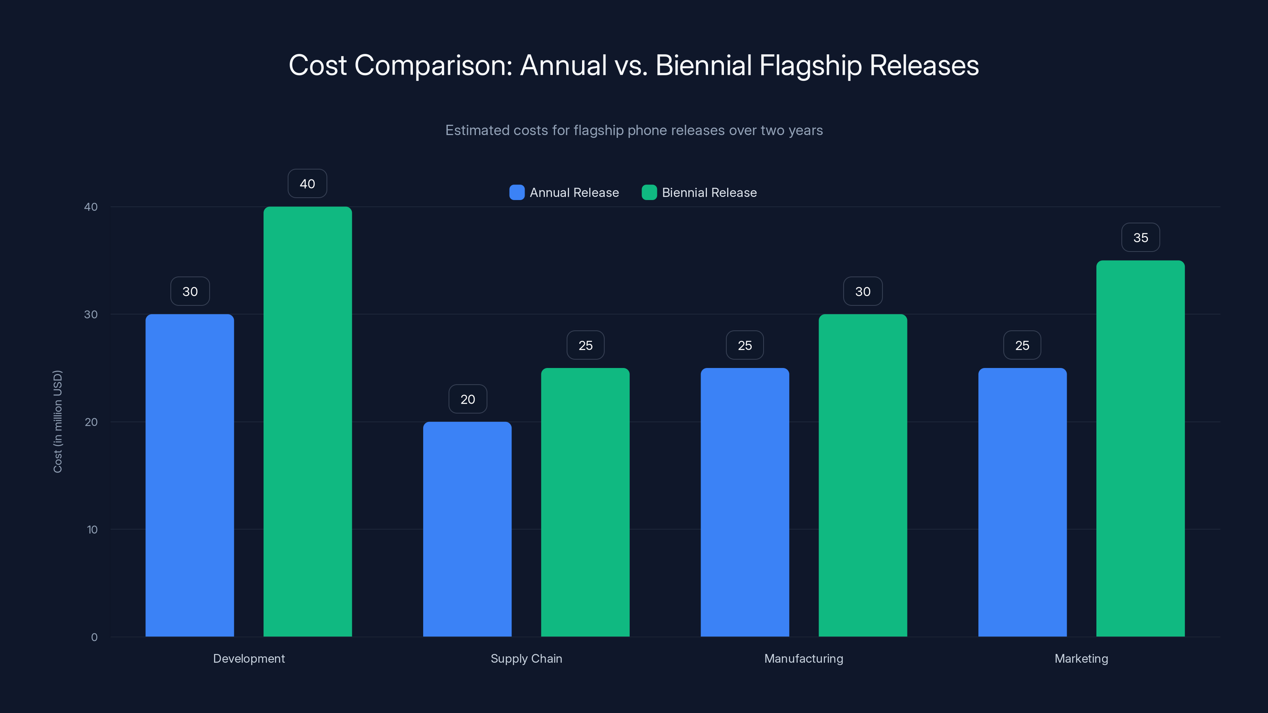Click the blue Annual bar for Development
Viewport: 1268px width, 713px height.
coord(189,475)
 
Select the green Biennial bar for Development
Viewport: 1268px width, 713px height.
coord(307,421)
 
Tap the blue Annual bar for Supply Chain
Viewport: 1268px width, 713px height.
coord(467,529)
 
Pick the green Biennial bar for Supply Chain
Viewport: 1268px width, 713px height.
coord(585,502)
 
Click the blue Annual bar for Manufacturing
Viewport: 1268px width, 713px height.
coord(745,502)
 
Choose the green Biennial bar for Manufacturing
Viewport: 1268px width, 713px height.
coord(863,475)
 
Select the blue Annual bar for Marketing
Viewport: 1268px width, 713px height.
coord(1022,502)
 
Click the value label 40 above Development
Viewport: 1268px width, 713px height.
coord(307,183)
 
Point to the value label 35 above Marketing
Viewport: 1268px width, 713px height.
coord(1140,238)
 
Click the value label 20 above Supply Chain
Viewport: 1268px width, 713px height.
coord(468,399)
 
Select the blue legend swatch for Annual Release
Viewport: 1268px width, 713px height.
coord(517,193)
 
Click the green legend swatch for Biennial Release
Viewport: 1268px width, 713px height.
coord(649,193)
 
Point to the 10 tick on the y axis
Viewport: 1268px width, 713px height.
coord(92,530)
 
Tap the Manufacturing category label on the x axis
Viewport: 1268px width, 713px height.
coord(803,658)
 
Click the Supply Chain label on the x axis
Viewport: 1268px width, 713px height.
coord(526,658)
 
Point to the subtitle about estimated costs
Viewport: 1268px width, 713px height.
coord(634,130)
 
